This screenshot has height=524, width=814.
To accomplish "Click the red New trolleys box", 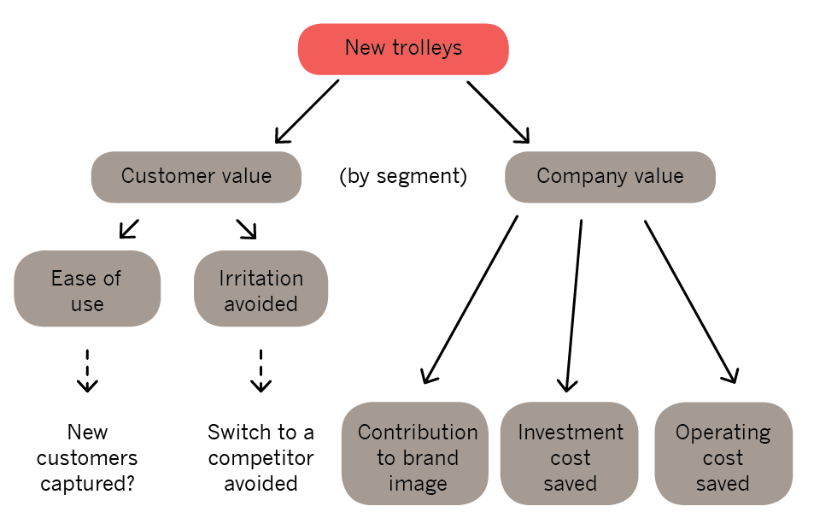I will click(x=403, y=49).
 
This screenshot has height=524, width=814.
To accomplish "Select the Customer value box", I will click(x=196, y=177).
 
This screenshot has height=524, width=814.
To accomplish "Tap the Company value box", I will click(x=610, y=177).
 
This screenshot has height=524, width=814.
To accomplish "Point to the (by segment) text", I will click(x=403, y=177).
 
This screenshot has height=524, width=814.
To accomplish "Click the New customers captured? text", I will click(x=87, y=457).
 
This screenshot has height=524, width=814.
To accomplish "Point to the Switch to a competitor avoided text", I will click(x=261, y=457).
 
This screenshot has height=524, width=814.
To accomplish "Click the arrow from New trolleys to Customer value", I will click(x=307, y=111).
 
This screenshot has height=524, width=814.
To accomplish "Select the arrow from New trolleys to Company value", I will click(x=499, y=111).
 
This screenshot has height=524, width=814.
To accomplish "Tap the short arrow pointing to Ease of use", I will click(x=129, y=228).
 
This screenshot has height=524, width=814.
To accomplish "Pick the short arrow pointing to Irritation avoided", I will click(x=246, y=228).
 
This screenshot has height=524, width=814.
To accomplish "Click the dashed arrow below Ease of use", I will click(x=87, y=369).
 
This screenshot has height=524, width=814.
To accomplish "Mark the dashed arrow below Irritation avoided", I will click(x=261, y=369).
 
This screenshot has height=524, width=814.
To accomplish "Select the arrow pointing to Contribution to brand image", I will click(x=471, y=298).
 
